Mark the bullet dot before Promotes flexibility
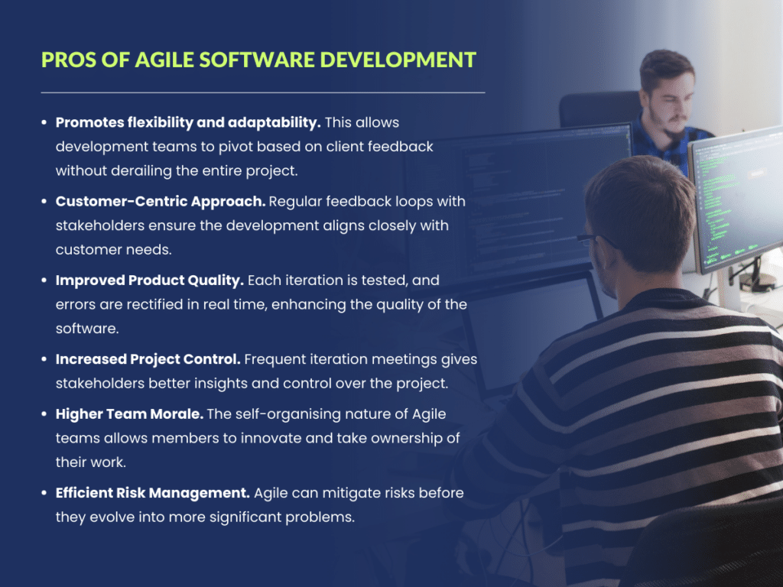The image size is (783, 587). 45,122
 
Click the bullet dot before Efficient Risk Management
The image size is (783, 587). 45,494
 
